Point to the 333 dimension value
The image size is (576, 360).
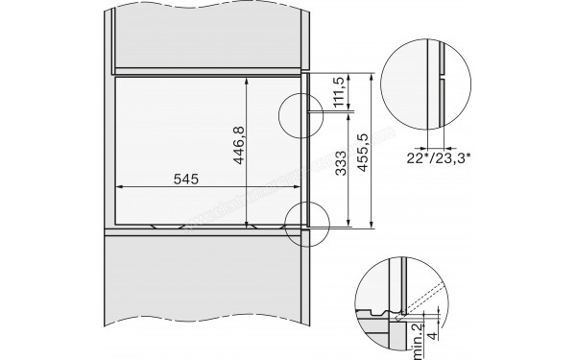point(338,168)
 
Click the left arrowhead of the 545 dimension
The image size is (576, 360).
point(117,187)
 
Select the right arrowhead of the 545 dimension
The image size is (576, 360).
point(300,187)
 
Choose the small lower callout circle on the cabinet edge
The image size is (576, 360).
point(308,223)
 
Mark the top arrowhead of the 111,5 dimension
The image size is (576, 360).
point(347,76)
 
